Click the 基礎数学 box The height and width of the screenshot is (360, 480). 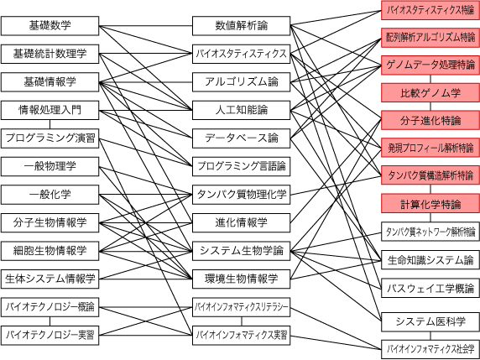tap(50, 26)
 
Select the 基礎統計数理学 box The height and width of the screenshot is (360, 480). tap(50, 54)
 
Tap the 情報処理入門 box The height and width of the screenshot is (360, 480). tap(50, 110)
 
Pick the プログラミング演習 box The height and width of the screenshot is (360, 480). tap(50, 138)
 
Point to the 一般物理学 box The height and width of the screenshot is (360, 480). tap(50, 166)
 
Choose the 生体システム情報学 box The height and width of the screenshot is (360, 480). tap(50, 279)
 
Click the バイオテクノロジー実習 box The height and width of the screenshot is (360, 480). tap(50, 335)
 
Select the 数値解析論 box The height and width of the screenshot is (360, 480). tap(241, 26)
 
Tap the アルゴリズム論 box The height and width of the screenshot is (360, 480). tap(241, 82)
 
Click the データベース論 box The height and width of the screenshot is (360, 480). tap(241, 138)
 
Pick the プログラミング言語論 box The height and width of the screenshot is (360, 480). tap(241, 166)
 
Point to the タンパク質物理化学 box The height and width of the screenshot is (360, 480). tap(241, 195)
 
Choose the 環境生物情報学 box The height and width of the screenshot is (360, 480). tap(241, 279)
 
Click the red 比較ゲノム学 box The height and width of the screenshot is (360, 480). tap(430, 93)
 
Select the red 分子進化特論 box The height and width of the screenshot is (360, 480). tap(430, 121)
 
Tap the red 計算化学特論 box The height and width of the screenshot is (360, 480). tap(430, 203)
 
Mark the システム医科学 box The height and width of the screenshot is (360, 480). tap(430, 321)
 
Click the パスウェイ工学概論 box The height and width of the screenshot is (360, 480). tap(430, 288)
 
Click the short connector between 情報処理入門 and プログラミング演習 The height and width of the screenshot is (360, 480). tap(50, 124)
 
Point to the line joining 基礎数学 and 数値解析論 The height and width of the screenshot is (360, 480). tap(146, 26)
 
